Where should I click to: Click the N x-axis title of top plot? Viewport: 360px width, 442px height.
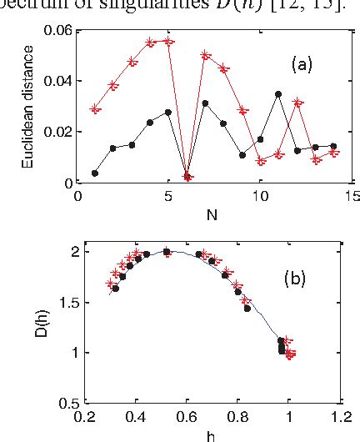pyautogui.click(x=214, y=213)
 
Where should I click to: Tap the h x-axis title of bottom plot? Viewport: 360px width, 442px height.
pyautogui.click(x=214, y=434)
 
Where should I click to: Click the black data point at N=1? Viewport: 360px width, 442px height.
pyautogui.click(x=95, y=173)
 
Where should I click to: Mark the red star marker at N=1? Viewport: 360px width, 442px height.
pyautogui.click(x=96, y=109)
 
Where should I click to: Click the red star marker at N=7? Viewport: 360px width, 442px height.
pyautogui.click(x=205, y=55)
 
